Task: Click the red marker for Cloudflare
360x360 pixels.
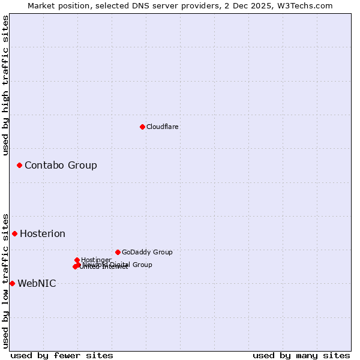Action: (x=142, y=127)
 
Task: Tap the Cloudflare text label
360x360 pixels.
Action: (x=163, y=127)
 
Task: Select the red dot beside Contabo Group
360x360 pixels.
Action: (x=20, y=165)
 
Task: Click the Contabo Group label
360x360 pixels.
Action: (x=61, y=165)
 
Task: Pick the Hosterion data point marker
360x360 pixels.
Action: (x=15, y=233)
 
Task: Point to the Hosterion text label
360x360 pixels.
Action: (x=43, y=233)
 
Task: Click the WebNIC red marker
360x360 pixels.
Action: (x=12, y=283)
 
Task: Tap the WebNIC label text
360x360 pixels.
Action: (x=37, y=283)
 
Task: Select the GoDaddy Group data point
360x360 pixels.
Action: (x=118, y=252)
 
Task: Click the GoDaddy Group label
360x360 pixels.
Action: (x=147, y=252)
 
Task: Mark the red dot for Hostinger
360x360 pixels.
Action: (x=77, y=260)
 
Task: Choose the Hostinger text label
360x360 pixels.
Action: (x=97, y=260)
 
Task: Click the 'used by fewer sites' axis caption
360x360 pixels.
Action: (x=62, y=355)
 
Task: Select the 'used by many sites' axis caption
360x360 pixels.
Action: (x=301, y=355)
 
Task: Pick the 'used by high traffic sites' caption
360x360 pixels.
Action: (x=5, y=85)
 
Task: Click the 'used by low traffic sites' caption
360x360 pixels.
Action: (x=5, y=280)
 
